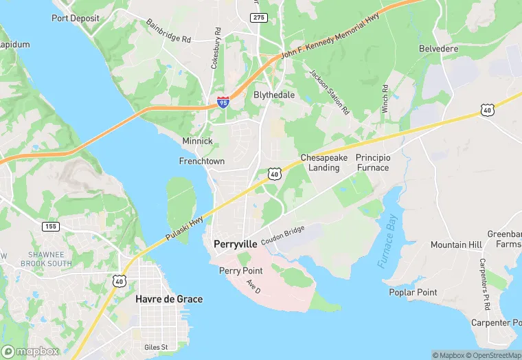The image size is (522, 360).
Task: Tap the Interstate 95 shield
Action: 223,102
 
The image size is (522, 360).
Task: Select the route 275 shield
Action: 258,17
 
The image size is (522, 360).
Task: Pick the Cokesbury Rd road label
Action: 216,48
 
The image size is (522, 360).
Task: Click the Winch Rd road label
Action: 385,99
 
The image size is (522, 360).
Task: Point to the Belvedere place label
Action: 438,49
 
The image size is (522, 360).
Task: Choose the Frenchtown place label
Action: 201,161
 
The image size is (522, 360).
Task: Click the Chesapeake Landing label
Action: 324,163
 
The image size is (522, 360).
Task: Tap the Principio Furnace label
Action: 372,163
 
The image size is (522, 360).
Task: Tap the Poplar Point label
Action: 413,292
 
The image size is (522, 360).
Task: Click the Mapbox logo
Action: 31,351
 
